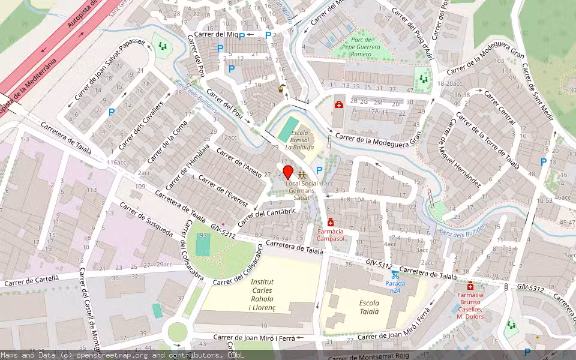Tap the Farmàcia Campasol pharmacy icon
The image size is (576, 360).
tap(331, 223)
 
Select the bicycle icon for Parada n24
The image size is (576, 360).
tap(395, 275)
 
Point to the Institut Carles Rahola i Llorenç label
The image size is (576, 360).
tap(262, 295)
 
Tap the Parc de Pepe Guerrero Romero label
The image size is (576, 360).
tap(360, 50)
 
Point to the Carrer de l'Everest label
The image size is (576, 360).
tap(223, 191)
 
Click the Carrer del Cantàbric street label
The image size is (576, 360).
tap(267, 217)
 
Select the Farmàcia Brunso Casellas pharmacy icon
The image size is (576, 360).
tap(470, 286)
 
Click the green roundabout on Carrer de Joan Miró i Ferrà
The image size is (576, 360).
tap(178, 331)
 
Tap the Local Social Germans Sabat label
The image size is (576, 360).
tap(302, 190)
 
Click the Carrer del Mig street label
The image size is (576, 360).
tap(216, 35)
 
